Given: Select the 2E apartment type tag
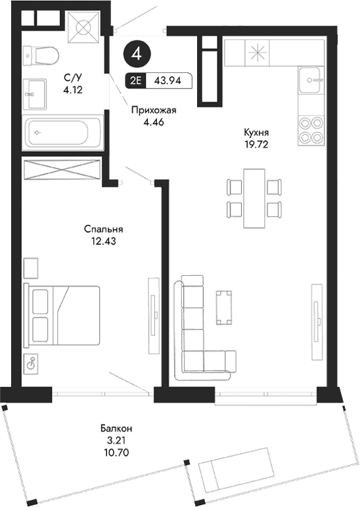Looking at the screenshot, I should [x=135, y=81].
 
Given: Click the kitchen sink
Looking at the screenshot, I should [x=310, y=81].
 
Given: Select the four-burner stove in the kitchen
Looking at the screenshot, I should [x=310, y=129].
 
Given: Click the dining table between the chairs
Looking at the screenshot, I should [x=254, y=198].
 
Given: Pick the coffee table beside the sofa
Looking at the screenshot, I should [x=225, y=307].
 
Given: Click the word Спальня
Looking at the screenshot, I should [x=104, y=229].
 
